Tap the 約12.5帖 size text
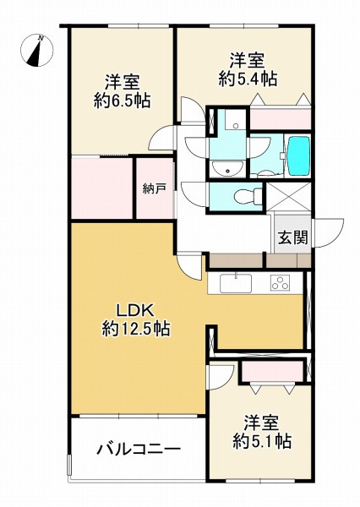click(x=135, y=330)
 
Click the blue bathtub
click(x=299, y=153)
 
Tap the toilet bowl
click(x=245, y=197)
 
